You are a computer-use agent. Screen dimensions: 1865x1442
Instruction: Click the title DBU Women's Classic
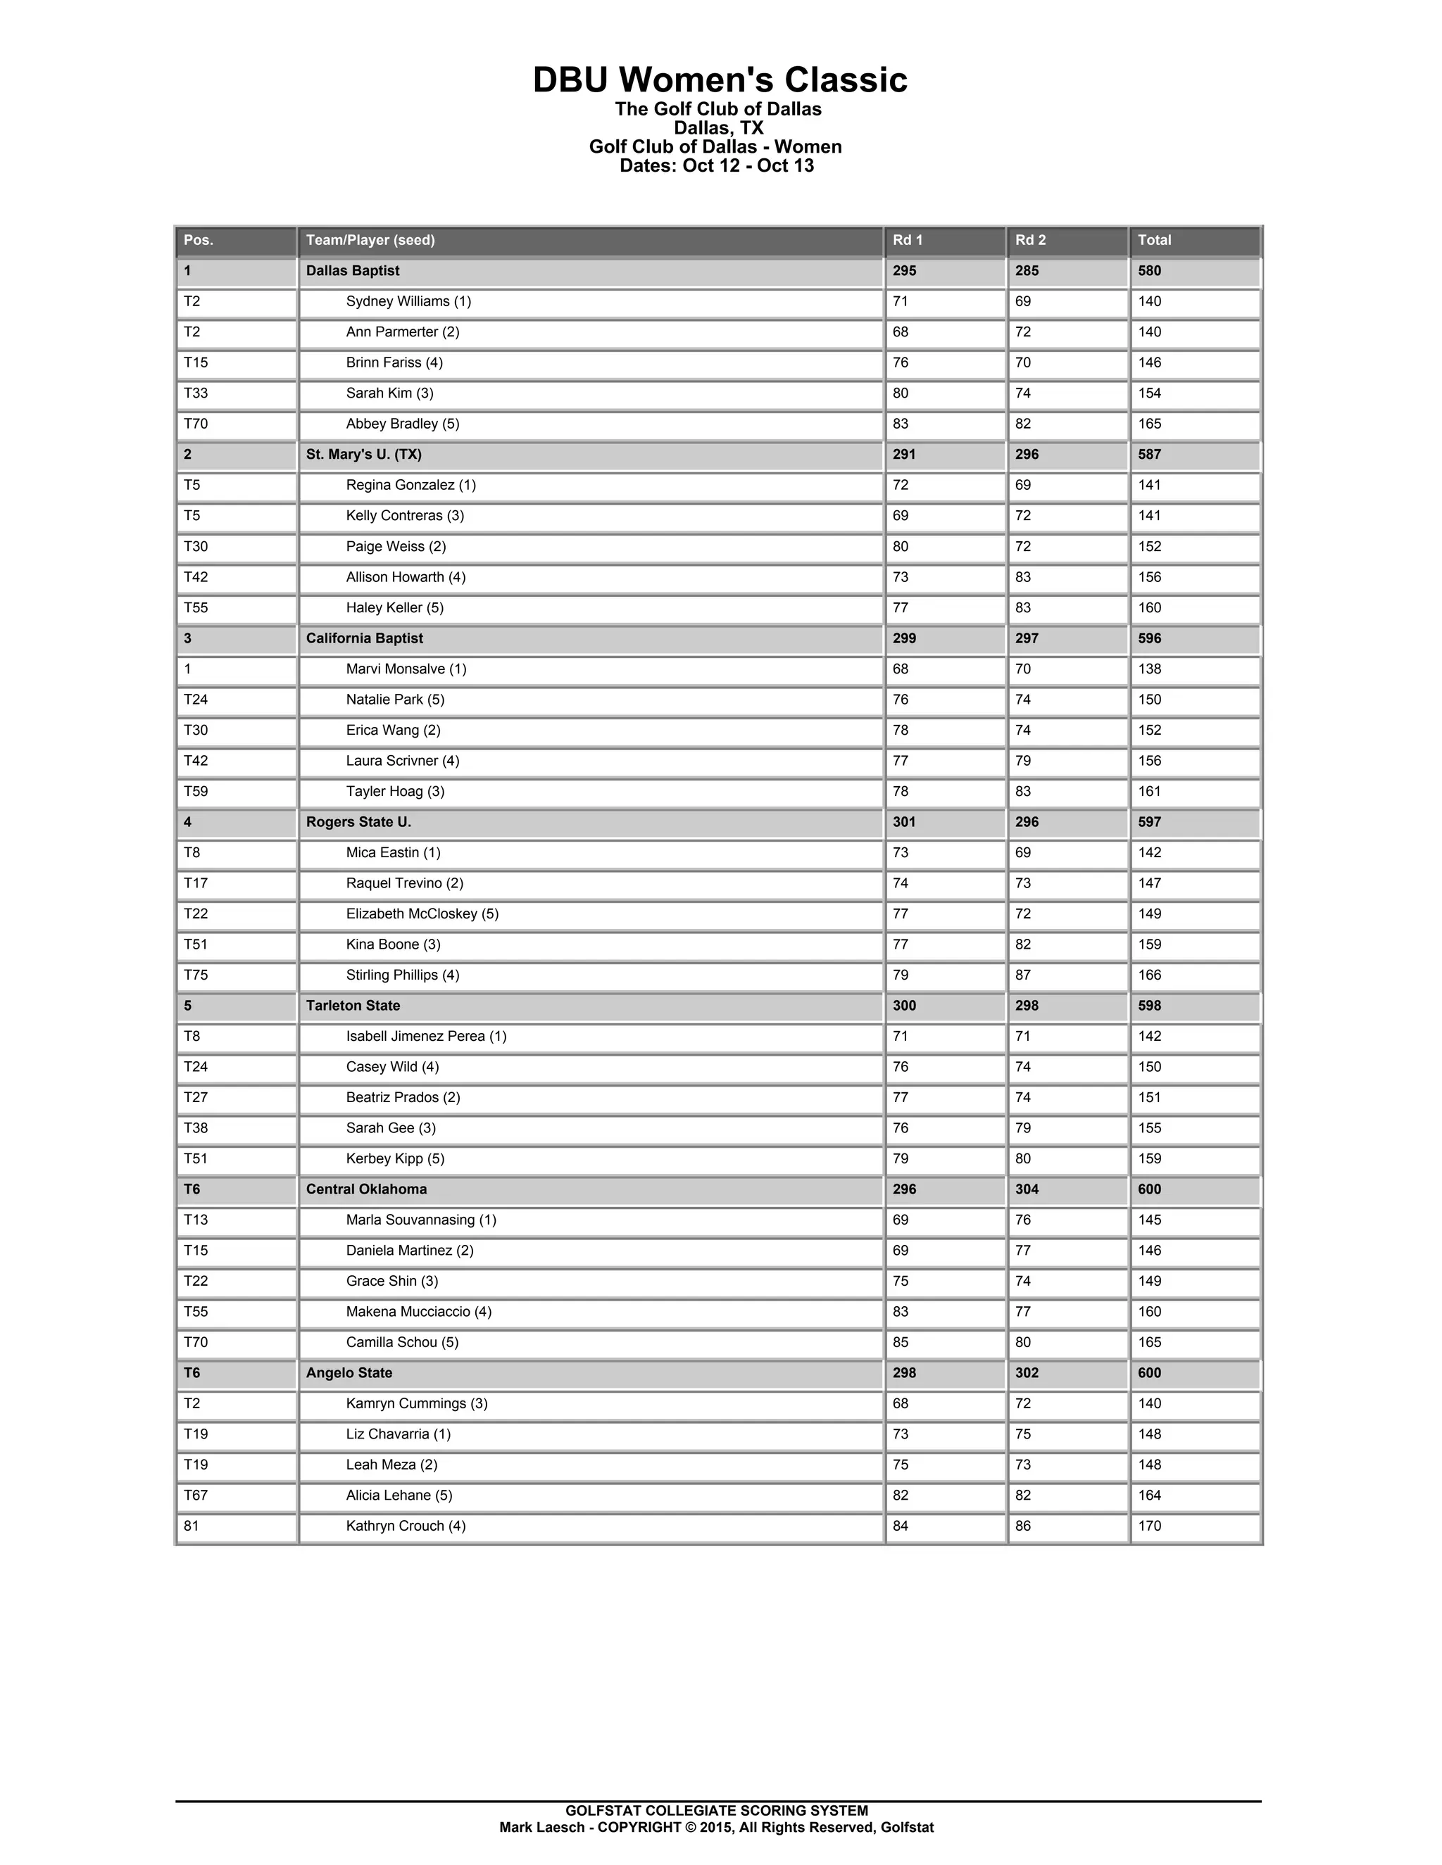tap(720, 80)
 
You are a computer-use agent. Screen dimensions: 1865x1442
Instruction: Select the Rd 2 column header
tap(1030, 241)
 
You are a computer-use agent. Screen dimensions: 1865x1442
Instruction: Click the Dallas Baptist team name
tap(353, 272)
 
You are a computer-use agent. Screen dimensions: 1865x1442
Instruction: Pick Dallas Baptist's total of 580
tap(1149, 272)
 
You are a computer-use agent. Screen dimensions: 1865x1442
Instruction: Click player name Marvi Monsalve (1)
tap(406, 669)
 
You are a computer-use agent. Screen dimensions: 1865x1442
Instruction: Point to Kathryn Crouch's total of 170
tap(1149, 1526)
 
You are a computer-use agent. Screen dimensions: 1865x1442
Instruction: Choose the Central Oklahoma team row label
tap(366, 1189)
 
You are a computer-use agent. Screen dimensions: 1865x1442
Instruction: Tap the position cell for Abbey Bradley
tap(196, 424)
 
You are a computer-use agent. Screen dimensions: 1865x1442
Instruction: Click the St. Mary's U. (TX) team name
tap(364, 455)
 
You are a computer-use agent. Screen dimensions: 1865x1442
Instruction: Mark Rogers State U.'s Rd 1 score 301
tap(904, 822)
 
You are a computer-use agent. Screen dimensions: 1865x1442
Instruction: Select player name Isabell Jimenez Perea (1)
tap(426, 1037)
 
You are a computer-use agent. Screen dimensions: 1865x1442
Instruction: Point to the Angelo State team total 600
tap(1149, 1373)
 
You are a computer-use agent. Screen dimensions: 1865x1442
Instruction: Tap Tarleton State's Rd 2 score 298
tap(1027, 1006)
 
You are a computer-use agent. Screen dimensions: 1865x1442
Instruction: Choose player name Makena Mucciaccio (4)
tap(419, 1312)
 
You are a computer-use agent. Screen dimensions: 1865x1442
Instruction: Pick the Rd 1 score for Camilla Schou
tap(901, 1342)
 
